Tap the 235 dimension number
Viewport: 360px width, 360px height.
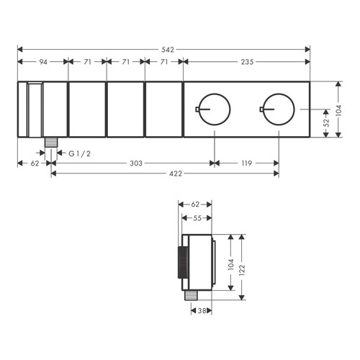coord(246,63)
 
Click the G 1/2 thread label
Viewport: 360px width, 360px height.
coord(80,153)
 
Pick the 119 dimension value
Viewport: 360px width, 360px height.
coord(246,163)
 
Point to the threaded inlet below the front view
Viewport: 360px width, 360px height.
coord(51,143)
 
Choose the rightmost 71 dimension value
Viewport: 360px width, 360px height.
coord(163,63)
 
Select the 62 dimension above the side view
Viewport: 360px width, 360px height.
coord(195,205)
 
